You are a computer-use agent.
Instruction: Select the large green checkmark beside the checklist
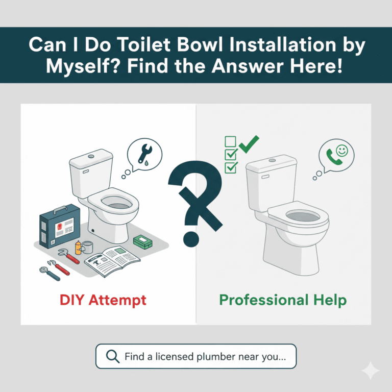click(250, 145)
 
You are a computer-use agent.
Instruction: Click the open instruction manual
click(112, 260)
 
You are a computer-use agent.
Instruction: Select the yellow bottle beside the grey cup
click(78, 247)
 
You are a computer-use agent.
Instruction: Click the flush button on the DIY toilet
click(90, 155)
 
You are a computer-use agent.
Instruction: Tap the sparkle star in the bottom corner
click(371, 372)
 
